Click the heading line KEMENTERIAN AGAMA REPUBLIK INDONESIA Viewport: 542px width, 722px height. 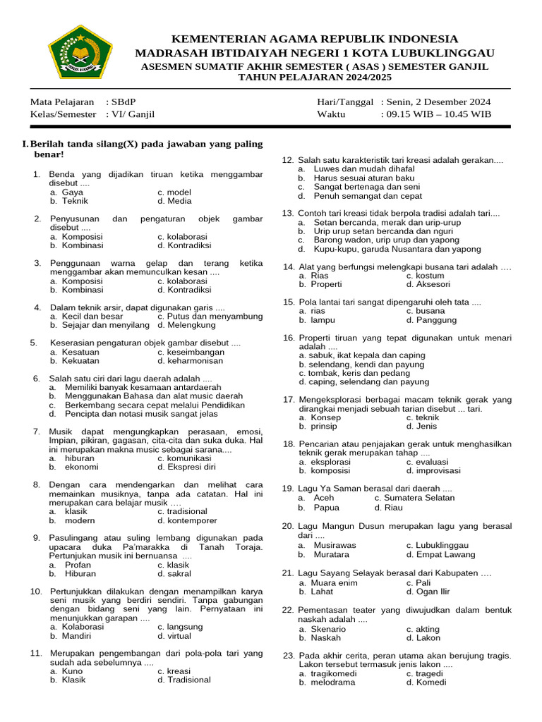tap(314, 39)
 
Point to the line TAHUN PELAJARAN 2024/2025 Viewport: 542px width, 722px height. tap(314, 77)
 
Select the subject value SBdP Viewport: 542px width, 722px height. tap(123, 102)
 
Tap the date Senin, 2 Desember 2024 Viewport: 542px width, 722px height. tap(435, 102)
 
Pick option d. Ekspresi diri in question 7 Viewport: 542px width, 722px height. tap(186, 467)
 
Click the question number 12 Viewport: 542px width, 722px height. tap(287, 160)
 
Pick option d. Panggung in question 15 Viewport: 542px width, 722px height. tap(431, 319)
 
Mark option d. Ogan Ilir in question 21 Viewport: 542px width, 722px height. tap(428, 592)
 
